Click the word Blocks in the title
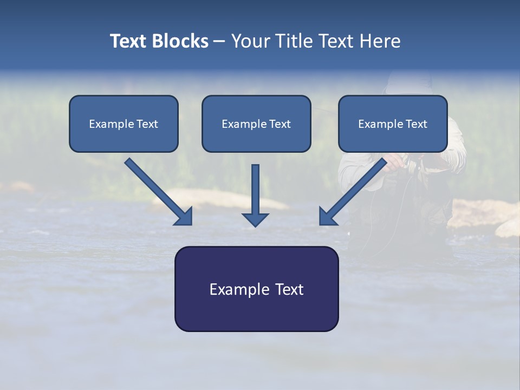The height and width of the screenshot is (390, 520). click(x=181, y=41)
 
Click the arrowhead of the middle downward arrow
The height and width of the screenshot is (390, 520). click(x=255, y=219)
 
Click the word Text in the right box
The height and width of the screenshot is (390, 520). click(x=416, y=124)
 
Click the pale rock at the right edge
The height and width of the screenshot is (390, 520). click(x=508, y=227)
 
